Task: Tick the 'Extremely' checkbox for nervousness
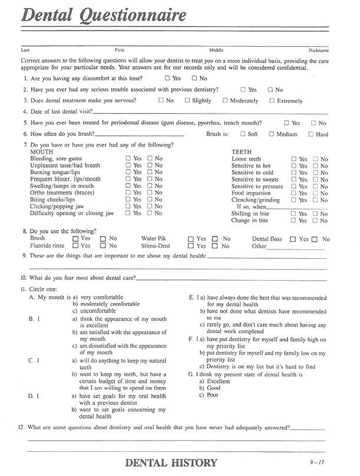[x=272, y=101]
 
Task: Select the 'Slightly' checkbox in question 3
[x=187, y=101]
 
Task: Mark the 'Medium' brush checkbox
[x=271, y=134]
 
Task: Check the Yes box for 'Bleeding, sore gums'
[x=128, y=159]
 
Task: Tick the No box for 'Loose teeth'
[x=316, y=159]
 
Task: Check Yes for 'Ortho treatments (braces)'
[x=128, y=193]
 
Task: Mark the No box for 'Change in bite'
[x=316, y=221]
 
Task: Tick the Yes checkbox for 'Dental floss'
[x=294, y=239]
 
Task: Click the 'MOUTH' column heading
[x=41, y=152]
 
